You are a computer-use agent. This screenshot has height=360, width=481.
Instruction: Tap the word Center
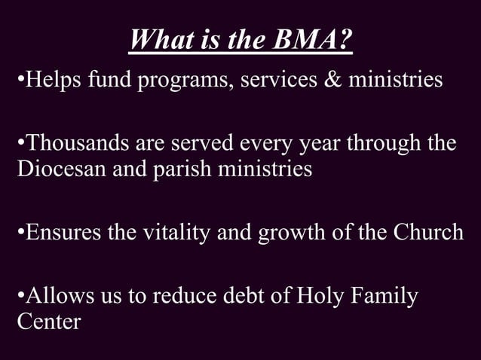pyautogui.click(x=48, y=322)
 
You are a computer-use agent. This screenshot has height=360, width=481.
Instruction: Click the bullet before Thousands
pyautogui.click(x=21, y=143)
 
